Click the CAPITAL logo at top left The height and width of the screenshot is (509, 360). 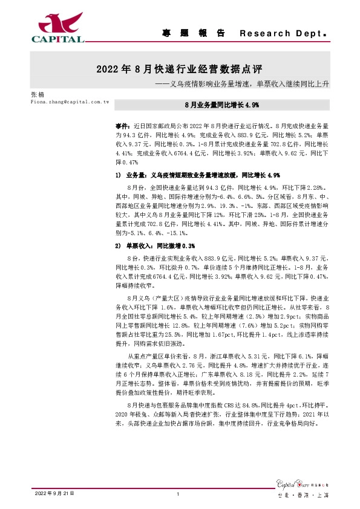(x=57, y=27)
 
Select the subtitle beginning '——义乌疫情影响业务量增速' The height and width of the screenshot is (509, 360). (x=241, y=84)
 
